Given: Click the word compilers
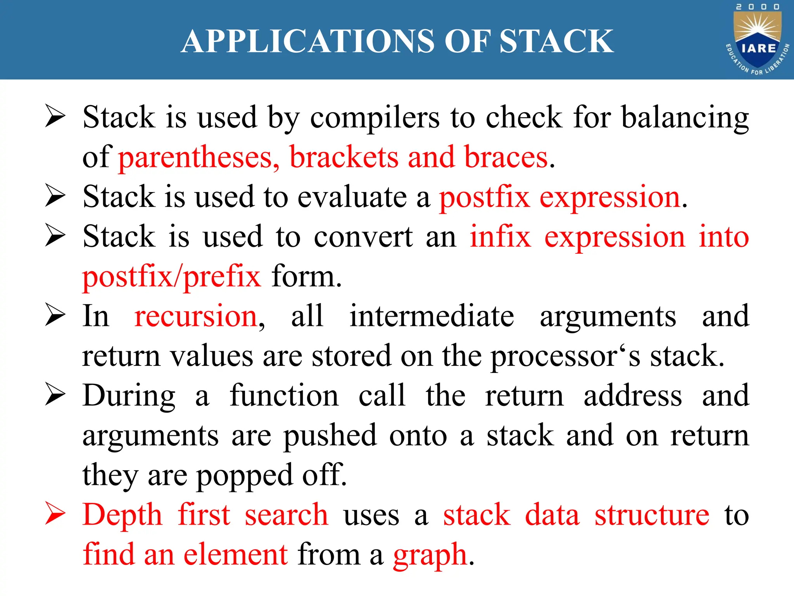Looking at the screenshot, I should click(x=375, y=118).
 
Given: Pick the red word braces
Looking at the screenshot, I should click(x=506, y=158).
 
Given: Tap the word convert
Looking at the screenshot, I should click(x=363, y=237).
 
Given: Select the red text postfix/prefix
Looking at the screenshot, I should click(x=172, y=277).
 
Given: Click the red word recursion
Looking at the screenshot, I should click(x=196, y=317).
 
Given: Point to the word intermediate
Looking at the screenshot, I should click(x=432, y=317).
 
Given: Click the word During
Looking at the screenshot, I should click(x=129, y=396).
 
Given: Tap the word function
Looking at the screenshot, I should click(x=284, y=396).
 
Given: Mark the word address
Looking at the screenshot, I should click(x=632, y=396).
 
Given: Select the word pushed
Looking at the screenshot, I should click(x=330, y=437).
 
